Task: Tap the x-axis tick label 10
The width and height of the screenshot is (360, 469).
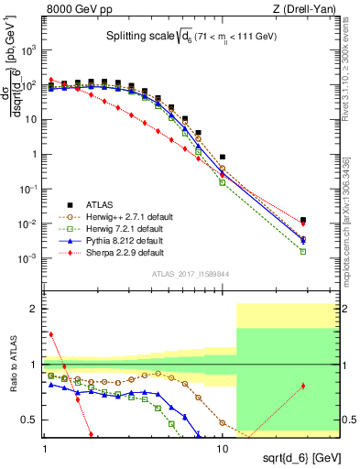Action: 222,439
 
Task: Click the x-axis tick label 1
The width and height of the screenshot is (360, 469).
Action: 45,439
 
